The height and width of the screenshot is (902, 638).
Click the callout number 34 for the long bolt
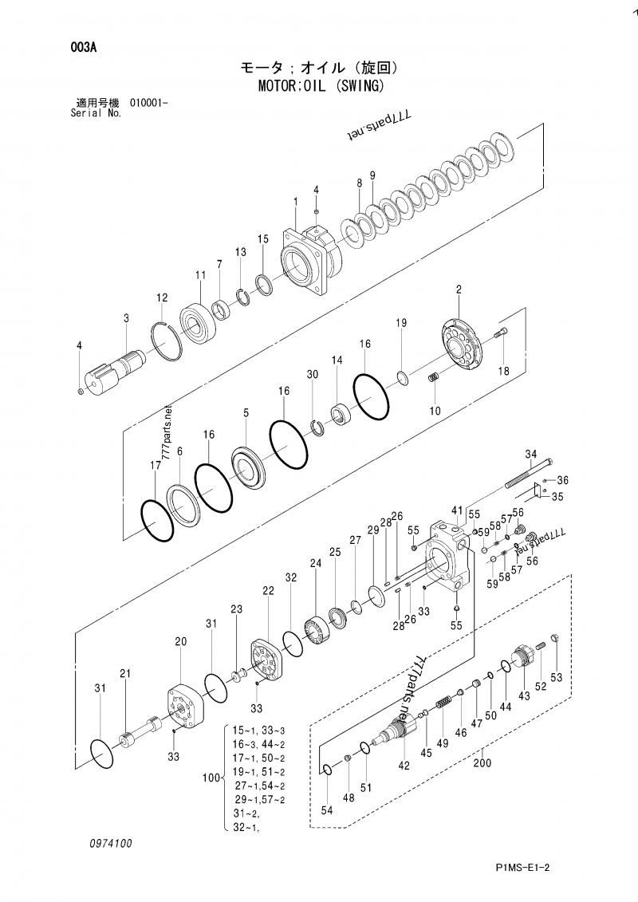point(530,454)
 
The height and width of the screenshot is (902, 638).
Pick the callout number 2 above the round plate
point(459,289)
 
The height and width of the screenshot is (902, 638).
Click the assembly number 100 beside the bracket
point(211,777)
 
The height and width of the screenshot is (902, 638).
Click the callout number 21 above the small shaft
point(124,674)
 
